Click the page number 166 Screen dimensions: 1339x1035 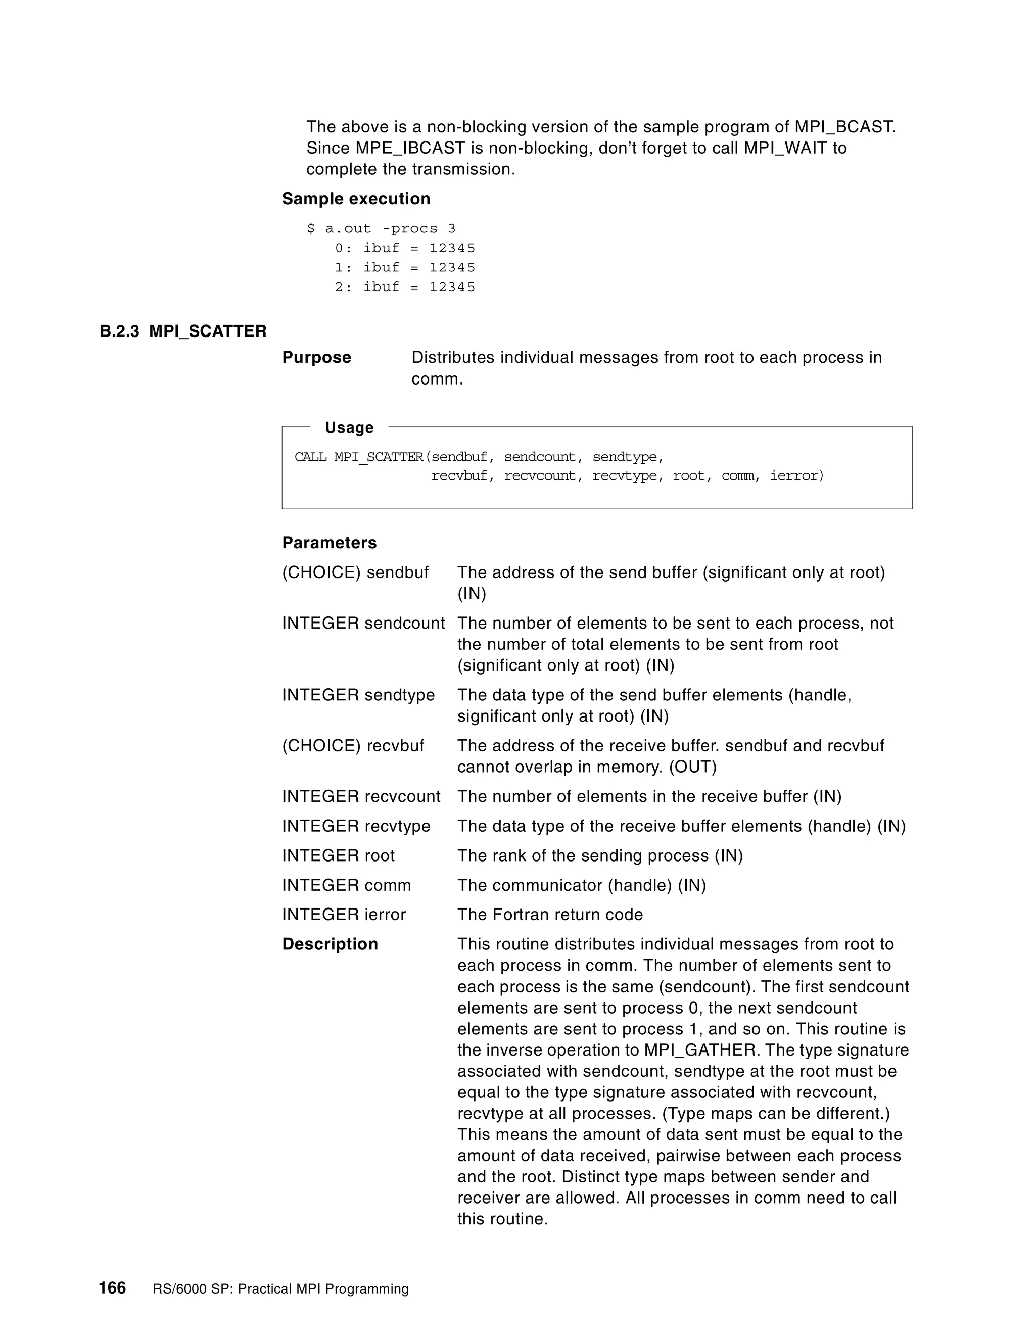(112, 1287)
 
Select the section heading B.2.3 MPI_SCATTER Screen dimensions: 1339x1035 (183, 331)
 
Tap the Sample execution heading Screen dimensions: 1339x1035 (356, 199)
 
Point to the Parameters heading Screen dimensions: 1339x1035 (330, 543)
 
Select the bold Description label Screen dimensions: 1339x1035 (330, 944)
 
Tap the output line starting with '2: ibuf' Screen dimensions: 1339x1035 (405, 287)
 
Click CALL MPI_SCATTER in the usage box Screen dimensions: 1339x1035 (359, 457)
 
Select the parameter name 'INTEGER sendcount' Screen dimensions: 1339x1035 (363, 624)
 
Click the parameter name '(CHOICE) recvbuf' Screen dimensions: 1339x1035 (353, 746)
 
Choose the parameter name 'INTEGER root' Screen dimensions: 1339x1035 (338, 856)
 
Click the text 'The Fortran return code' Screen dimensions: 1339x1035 (550, 915)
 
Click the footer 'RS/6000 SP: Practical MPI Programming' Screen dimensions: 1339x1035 (280, 1289)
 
